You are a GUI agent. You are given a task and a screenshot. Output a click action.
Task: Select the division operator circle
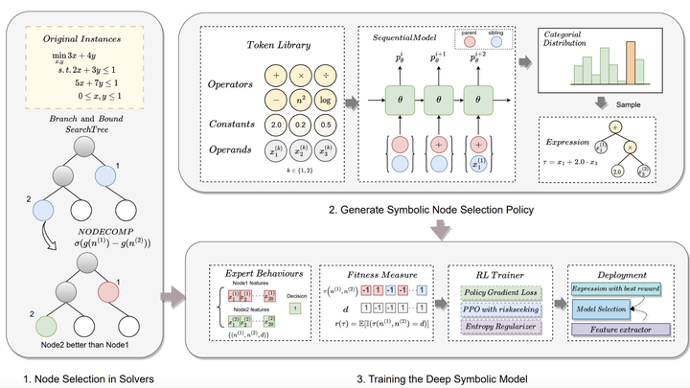(x=328, y=74)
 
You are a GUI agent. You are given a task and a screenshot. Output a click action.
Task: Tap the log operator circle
(x=328, y=99)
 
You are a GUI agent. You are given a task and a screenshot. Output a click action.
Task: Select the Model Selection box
(x=600, y=308)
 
